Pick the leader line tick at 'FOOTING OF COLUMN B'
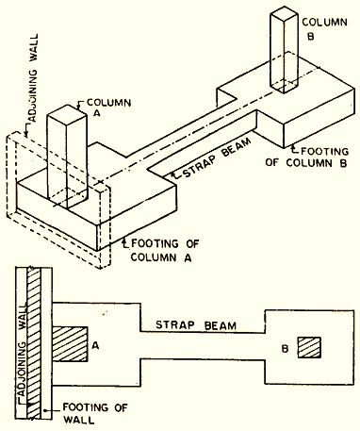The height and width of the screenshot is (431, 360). (x=295, y=145)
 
